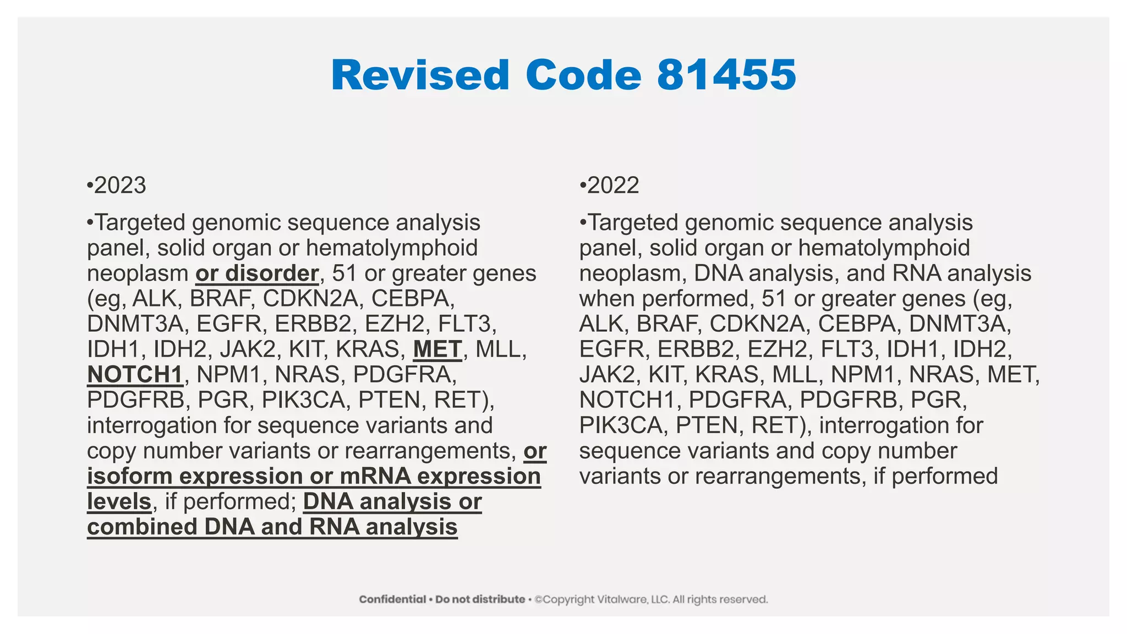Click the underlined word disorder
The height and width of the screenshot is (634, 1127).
[x=272, y=274]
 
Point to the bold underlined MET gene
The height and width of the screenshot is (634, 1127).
[x=437, y=349]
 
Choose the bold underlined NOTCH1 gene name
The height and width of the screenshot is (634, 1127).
[x=135, y=375]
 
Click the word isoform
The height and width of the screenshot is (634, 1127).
[x=129, y=476]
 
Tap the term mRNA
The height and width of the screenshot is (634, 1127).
[x=374, y=476]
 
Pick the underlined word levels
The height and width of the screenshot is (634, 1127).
[x=119, y=501]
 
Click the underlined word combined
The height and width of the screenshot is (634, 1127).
[x=142, y=527]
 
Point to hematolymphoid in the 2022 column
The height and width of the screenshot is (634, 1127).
[x=884, y=248]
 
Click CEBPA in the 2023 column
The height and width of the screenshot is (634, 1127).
[x=413, y=299]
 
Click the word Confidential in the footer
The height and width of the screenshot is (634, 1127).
[x=392, y=599]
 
